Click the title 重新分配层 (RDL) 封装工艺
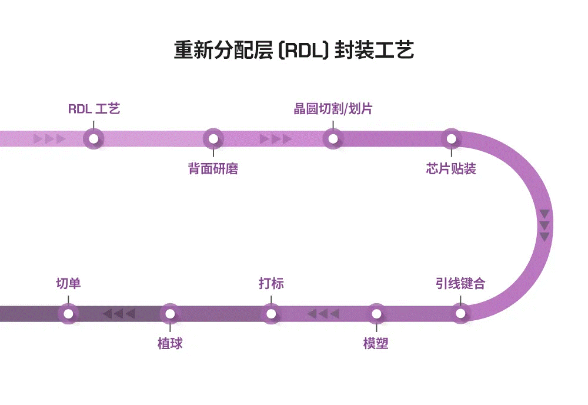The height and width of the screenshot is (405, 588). pyautogui.click(x=294, y=50)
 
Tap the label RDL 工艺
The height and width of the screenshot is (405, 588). pyautogui.click(x=94, y=109)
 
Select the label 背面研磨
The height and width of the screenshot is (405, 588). pyautogui.click(x=213, y=170)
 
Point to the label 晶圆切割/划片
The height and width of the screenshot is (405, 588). pyautogui.click(x=333, y=109)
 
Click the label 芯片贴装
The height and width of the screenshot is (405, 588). pyautogui.click(x=451, y=170)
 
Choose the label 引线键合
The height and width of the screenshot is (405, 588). pyautogui.click(x=460, y=284)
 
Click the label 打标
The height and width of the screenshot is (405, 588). pyautogui.click(x=271, y=284)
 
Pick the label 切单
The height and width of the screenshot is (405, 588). pyautogui.click(x=68, y=284)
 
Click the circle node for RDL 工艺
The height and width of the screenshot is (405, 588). pyautogui.click(x=93, y=139)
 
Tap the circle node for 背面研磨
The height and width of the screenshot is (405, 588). pyautogui.click(x=213, y=139)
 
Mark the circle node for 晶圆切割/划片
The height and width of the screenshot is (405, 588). pyautogui.click(x=333, y=139)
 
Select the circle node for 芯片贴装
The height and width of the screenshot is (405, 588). pyautogui.click(x=451, y=139)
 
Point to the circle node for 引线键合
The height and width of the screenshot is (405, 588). pyautogui.click(x=461, y=314)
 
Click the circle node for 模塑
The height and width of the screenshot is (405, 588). pyautogui.click(x=376, y=314)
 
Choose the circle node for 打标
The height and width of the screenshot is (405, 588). pyautogui.click(x=271, y=314)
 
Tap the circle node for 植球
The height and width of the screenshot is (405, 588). pyautogui.click(x=170, y=314)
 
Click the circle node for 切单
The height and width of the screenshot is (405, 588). pyautogui.click(x=68, y=314)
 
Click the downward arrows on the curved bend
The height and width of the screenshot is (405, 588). pyautogui.click(x=544, y=225)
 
